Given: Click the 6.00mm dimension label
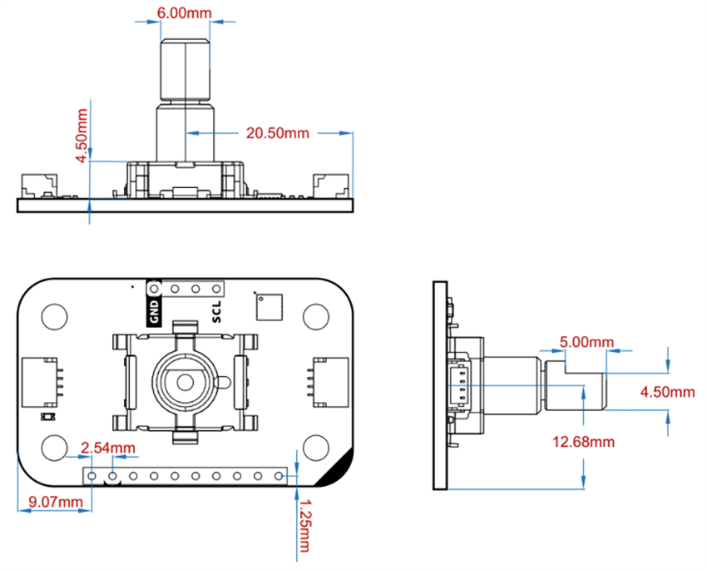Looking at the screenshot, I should click(x=184, y=14).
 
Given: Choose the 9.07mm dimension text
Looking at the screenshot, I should click(x=55, y=502).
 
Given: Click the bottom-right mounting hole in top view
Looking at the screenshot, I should click(x=316, y=447).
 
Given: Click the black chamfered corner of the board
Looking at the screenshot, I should click(x=341, y=472).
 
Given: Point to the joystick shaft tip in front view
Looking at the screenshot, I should click(x=184, y=42).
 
